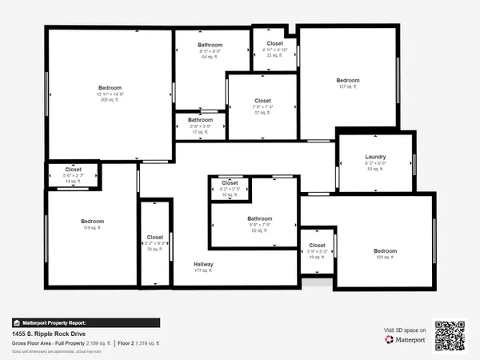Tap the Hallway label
tap(203, 264)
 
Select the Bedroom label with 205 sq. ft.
tap(110, 87)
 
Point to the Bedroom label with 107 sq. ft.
tap(348, 81)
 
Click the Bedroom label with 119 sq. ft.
tap(92, 222)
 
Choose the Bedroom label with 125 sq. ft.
tap(386, 251)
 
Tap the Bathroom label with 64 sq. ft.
tap(210, 45)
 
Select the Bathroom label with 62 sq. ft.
tap(259, 218)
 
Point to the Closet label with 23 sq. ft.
tap(274, 43)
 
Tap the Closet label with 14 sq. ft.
tap(73, 170)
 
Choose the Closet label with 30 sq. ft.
tap(154, 238)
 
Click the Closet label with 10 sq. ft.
tap(230, 183)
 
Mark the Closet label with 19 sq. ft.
tap(317, 246)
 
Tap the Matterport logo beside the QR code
tap(405, 340)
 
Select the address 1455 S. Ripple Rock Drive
tap(48, 334)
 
